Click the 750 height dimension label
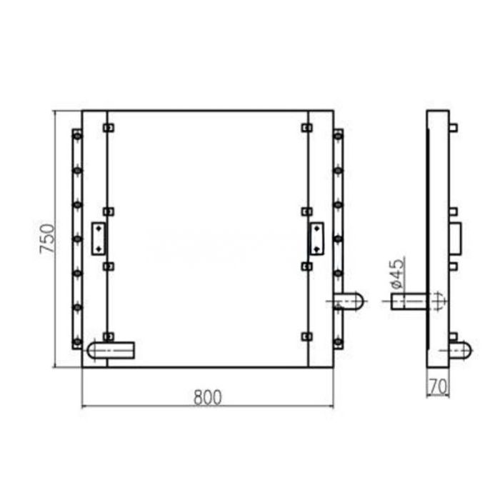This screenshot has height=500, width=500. [x=46, y=239]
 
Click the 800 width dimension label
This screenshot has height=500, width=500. [x=207, y=396]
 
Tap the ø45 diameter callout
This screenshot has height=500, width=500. [x=398, y=274]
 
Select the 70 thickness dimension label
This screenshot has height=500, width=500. [x=438, y=386]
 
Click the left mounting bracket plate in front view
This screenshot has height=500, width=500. [x=98, y=238]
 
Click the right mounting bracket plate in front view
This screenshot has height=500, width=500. [x=315, y=238]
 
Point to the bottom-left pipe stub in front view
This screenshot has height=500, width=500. [x=111, y=350]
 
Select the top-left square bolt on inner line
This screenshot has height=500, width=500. [x=108, y=128]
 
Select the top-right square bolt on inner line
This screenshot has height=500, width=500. [x=306, y=128]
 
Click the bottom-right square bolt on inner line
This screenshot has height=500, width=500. [x=306, y=336]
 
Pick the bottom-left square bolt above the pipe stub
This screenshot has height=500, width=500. [x=108, y=336]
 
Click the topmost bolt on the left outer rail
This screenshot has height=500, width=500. [x=77, y=134]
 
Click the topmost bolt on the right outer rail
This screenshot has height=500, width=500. [x=338, y=134]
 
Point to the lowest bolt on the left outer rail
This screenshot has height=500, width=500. [x=77, y=341]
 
